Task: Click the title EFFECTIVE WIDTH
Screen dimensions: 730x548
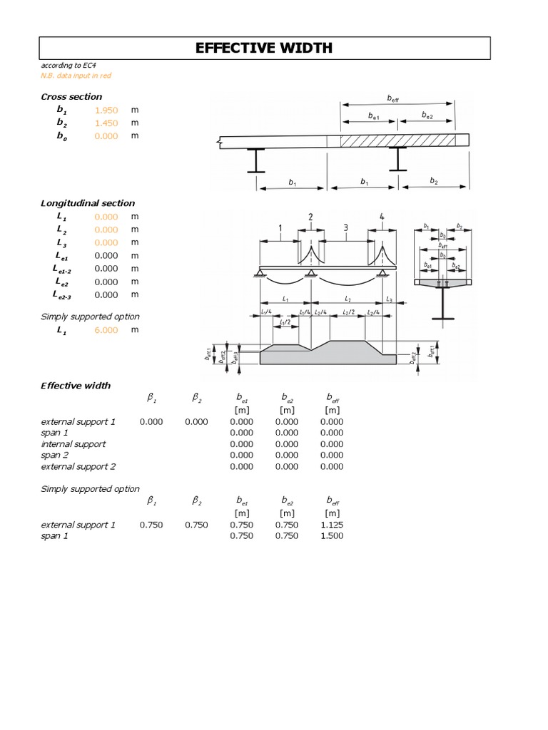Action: tap(264, 48)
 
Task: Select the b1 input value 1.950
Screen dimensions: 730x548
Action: tap(106, 110)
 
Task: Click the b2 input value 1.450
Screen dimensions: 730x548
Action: tap(106, 123)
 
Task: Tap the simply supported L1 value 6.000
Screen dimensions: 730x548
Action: tap(106, 330)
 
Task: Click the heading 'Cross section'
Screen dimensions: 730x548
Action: tap(71, 96)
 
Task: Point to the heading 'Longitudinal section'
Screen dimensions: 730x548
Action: tap(88, 203)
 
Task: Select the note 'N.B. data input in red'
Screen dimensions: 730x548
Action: tap(76, 75)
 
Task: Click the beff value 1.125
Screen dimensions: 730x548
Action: tap(331, 525)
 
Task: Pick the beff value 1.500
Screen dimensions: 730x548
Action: tap(331, 536)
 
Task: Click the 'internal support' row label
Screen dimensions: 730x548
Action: tap(73, 443)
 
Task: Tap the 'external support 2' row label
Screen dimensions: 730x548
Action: tap(78, 466)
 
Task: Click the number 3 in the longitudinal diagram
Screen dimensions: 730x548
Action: tap(345, 228)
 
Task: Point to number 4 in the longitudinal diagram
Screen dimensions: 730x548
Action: tap(382, 217)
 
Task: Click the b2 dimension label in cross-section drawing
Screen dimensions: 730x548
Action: tap(434, 182)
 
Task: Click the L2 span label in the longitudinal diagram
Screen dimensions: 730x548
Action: tap(347, 299)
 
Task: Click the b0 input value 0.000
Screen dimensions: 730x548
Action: tap(106, 136)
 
